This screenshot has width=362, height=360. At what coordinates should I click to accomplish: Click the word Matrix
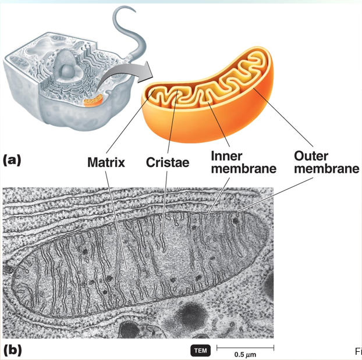tap(106, 162)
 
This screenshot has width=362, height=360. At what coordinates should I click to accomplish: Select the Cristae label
tap(168, 163)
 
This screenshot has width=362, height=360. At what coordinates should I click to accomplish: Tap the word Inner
tap(227, 156)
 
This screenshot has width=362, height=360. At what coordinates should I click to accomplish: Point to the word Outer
tap(311, 156)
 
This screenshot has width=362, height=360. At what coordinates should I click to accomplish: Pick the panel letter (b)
tap(13, 350)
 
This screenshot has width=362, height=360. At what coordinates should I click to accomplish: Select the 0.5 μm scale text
tap(245, 354)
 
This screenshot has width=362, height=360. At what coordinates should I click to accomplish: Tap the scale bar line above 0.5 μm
tap(245, 347)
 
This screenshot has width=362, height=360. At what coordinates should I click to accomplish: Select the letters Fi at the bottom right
tap(358, 351)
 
